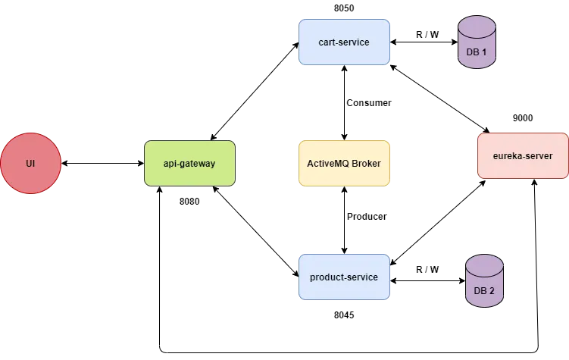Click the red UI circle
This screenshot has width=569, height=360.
30,163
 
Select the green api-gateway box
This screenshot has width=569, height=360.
189,163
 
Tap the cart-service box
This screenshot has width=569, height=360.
345,42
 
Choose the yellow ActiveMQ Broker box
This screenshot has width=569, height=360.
345,163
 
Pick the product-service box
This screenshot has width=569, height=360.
345,277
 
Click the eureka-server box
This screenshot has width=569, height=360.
523,155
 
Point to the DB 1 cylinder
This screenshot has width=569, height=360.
477,42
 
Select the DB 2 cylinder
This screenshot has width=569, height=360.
484,280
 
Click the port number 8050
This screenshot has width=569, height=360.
344,8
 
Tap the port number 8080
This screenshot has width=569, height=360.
189,202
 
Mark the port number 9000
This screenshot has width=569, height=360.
523,118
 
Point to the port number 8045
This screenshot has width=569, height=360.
344,315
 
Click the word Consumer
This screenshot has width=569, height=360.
369,103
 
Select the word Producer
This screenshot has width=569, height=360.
367,216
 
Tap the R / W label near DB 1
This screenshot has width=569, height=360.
427,34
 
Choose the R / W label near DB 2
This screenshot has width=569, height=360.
427,270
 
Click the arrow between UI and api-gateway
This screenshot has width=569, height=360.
103,163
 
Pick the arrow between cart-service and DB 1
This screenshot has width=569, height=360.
424,42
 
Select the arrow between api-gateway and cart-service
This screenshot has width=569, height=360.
255,91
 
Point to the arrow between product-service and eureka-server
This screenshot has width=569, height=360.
438,223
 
